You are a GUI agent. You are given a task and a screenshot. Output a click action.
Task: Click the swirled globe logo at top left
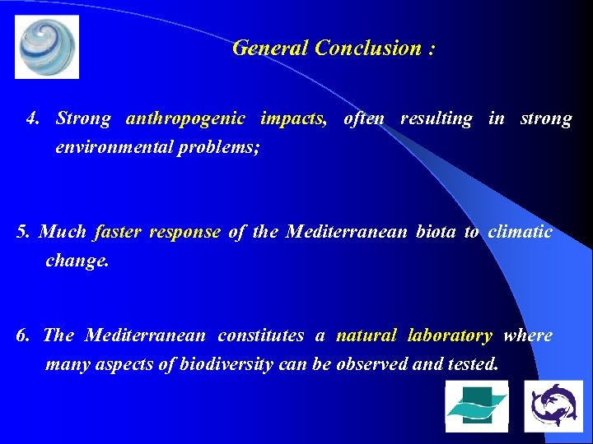[47, 47]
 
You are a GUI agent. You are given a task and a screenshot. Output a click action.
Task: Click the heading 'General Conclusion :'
[334, 48]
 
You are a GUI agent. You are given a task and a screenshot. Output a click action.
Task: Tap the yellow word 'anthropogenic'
[185, 118]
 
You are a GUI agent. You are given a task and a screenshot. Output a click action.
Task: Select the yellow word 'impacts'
[292, 118]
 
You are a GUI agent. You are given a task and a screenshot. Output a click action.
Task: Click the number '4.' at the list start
[34, 118]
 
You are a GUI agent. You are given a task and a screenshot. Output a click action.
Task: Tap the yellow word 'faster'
[119, 232]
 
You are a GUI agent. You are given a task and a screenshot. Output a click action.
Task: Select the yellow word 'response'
[184, 232]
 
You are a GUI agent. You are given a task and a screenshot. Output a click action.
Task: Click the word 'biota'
[435, 232]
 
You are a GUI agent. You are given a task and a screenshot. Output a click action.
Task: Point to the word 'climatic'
[520, 232]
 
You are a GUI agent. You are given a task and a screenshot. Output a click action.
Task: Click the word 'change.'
[77, 261]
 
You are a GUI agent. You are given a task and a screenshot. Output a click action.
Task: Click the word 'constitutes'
[260, 335]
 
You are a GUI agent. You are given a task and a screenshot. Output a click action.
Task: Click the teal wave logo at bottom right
[477, 406]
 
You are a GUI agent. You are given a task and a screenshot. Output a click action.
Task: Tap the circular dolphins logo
[553, 406]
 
